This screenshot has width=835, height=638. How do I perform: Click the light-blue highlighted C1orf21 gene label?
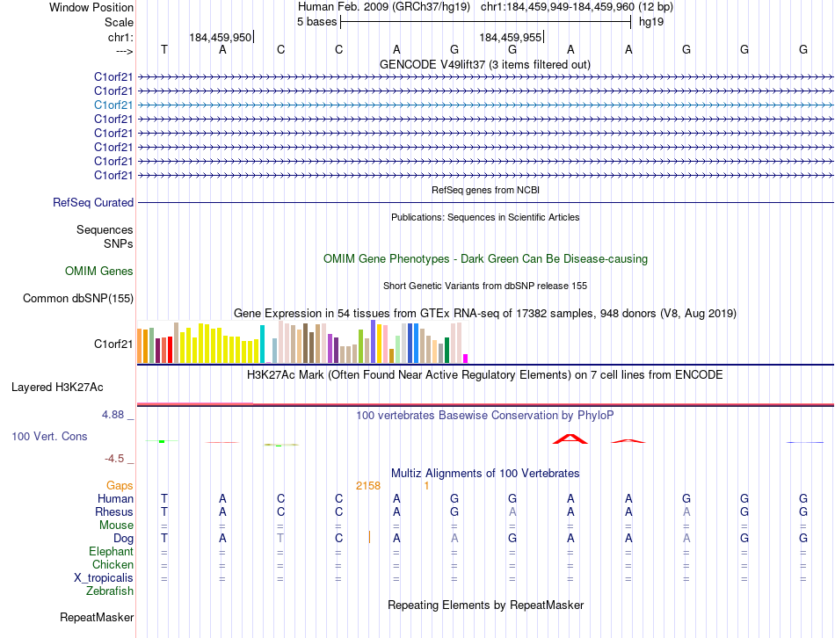click(114, 105)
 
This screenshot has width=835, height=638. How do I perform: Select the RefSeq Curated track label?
click(93, 203)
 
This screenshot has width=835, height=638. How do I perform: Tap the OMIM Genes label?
click(99, 272)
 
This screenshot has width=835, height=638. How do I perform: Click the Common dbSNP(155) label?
click(77, 299)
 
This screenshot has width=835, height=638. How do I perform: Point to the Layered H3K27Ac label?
click(57, 387)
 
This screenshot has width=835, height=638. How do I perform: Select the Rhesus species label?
click(114, 512)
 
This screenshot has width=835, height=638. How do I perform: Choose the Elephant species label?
click(111, 552)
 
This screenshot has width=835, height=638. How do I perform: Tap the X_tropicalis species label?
click(104, 578)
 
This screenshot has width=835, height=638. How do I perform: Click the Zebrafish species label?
click(110, 591)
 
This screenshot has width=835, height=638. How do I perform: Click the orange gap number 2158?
click(367, 486)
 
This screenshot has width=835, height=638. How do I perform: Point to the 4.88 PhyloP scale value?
click(115, 415)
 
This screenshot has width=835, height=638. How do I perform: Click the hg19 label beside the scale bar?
click(650, 21)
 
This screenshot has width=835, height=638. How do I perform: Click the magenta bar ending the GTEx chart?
click(465, 358)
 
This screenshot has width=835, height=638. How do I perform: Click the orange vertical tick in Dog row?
click(370, 537)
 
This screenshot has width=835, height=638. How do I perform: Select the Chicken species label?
click(113, 565)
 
